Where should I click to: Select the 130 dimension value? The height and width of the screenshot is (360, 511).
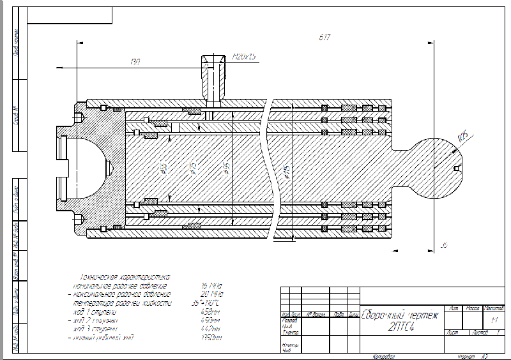click(135, 62)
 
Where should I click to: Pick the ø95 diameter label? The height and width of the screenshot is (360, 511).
click(225, 169)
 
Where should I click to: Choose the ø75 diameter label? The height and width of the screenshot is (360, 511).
click(193, 169)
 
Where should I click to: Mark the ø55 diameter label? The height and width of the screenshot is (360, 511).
click(164, 169)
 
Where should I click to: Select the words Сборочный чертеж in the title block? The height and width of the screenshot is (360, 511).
click(400, 315)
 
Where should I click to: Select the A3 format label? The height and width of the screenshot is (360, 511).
click(485, 356)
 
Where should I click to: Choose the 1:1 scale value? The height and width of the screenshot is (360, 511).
click(494, 319)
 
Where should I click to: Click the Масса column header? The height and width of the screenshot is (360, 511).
click(473, 308)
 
